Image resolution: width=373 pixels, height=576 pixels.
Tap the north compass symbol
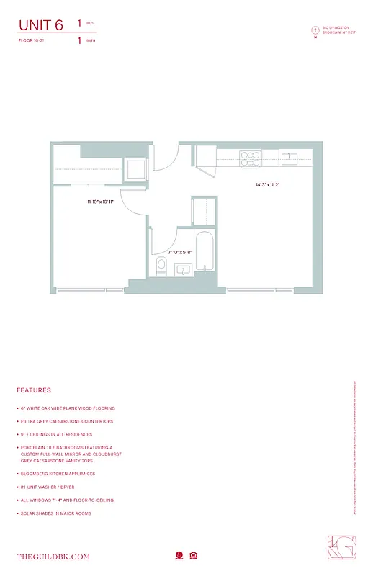tap(315, 30)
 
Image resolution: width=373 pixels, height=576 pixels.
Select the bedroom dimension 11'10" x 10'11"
tap(101, 202)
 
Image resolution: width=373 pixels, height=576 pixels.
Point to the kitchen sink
tap(290, 156)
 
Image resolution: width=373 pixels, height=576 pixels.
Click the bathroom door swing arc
tap(163, 238)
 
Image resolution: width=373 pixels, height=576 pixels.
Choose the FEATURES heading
tap(33, 390)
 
